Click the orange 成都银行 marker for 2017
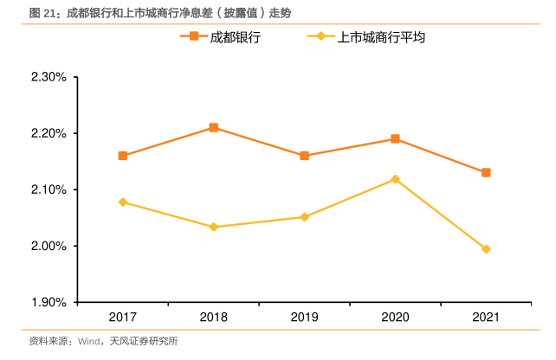pyautogui.click(x=123, y=156)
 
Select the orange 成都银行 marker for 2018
pyautogui.click(x=214, y=128)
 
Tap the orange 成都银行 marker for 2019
pyautogui.click(x=305, y=156)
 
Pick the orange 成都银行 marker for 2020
pyautogui.click(x=395, y=138)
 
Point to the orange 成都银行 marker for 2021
pyautogui.click(x=486, y=172)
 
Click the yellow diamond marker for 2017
pyautogui.click(x=123, y=202)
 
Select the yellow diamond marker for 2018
pyautogui.click(x=214, y=227)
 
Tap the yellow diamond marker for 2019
pyautogui.click(x=305, y=217)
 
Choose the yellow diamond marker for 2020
pyautogui.click(x=395, y=179)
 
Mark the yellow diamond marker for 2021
pyautogui.click(x=486, y=249)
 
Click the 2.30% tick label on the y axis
pyautogui.click(x=48, y=77)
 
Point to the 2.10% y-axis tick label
pyautogui.click(x=48, y=190)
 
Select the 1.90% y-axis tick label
pyautogui.click(x=48, y=302)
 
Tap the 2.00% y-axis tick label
pyautogui.click(x=48, y=246)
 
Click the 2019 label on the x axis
pyautogui.click(x=305, y=318)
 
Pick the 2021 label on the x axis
pyautogui.click(x=486, y=318)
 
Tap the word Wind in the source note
pyautogui.click(x=89, y=341)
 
